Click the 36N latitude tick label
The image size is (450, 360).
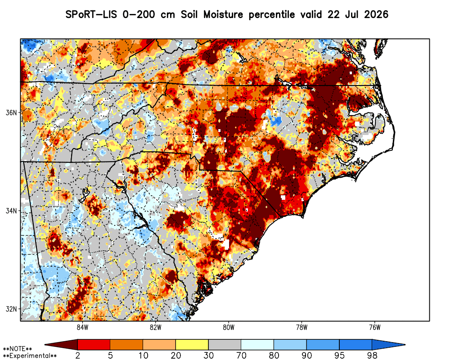coord(11,112)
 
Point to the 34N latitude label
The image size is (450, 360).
coord(11,211)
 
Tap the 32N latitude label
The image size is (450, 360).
coord(11,309)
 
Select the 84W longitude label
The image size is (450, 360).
coord(83,327)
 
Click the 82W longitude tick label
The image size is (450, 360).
coord(156,327)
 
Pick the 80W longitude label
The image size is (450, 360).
coord(229,327)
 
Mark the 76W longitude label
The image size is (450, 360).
coord(375,327)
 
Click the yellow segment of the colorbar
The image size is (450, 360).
coord(192,345)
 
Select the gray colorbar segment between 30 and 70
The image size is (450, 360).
coord(225,345)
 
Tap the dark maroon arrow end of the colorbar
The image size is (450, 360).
coord(61,345)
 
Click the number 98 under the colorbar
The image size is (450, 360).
coord(372,355)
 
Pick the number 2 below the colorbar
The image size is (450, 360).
coord(78,355)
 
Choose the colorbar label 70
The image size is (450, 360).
coord(241,355)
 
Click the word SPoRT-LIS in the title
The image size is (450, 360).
coord(91,14)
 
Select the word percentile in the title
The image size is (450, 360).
coord(271,15)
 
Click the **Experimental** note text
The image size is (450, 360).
coord(30,356)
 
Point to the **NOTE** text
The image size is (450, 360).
coord(18,349)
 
